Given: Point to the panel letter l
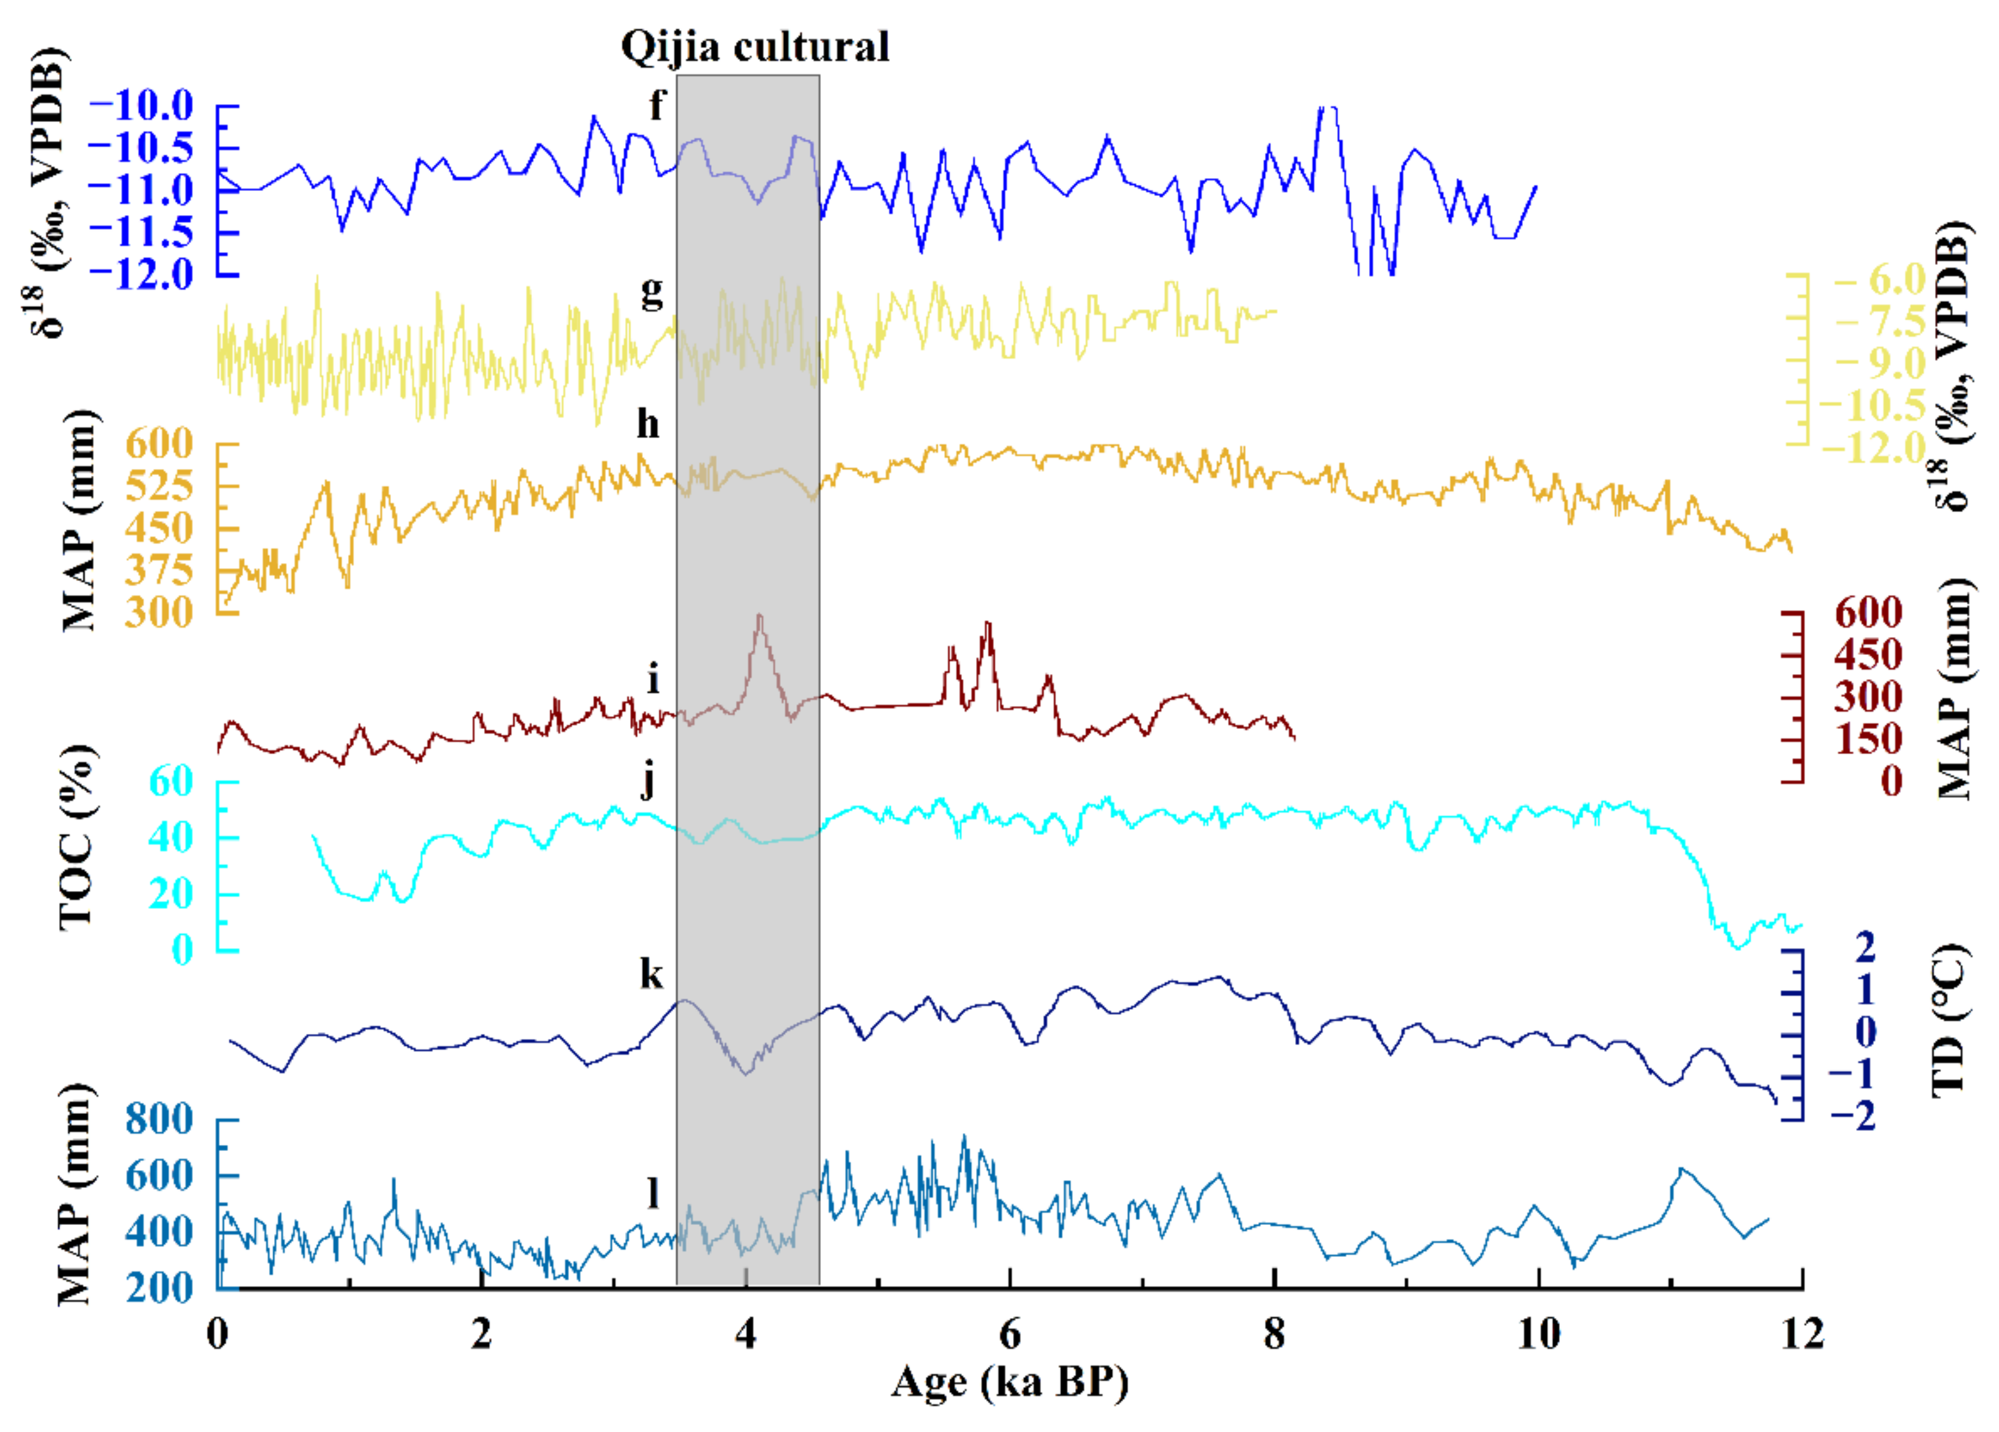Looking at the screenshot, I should pos(653,1193).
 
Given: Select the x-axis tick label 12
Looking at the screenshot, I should pos(1801,1334).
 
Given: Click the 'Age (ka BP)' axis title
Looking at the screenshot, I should pos(1009,1381).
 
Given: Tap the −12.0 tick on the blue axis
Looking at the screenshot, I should pos(141,274).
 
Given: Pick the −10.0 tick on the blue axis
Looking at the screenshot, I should pos(141,106).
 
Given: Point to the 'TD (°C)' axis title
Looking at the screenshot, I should pos(1950,1020).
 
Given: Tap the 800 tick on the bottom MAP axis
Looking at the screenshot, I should pos(159,1120).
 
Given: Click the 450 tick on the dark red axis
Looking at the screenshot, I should pos(1868,655).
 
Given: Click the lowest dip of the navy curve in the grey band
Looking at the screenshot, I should pos(746,1073).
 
